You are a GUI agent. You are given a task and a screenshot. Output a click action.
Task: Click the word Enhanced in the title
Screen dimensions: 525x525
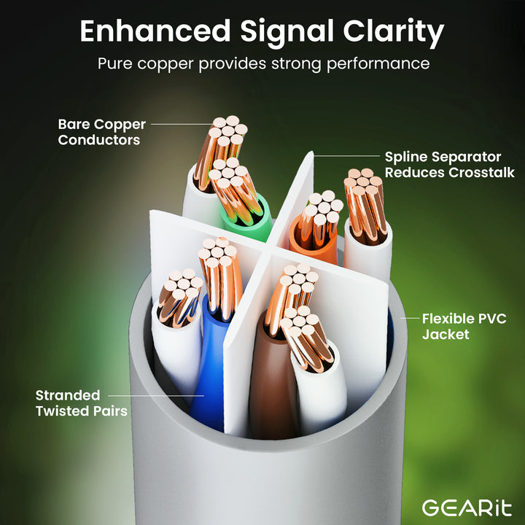click(155, 31)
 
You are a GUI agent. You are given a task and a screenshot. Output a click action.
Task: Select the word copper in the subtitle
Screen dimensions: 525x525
click(166, 64)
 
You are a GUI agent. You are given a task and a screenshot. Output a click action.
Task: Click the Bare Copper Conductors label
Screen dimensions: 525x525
click(102, 132)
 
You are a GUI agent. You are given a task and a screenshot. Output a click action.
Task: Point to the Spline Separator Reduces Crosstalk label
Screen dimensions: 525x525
click(450, 164)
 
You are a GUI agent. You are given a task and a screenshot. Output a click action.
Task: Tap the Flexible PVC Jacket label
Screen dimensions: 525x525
click(464, 327)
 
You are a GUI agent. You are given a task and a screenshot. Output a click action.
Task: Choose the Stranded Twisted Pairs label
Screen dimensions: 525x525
click(82, 403)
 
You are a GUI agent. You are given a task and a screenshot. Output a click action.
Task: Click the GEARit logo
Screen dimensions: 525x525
click(467, 508)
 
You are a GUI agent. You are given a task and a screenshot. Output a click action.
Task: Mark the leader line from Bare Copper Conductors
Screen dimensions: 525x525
click(182, 124)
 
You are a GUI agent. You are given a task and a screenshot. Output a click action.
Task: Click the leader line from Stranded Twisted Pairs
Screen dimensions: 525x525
click(156, 396)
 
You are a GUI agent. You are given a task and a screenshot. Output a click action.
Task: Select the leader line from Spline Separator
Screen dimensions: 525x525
click(346, 156)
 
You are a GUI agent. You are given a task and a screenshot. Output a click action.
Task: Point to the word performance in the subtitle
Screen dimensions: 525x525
click(378, 64)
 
